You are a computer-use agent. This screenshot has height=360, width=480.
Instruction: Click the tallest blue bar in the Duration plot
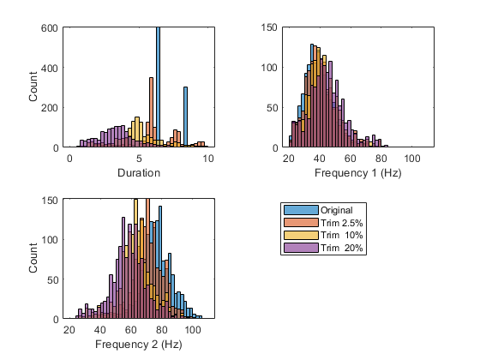[158, 87]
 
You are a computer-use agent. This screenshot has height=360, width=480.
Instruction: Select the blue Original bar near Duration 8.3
[185, 117]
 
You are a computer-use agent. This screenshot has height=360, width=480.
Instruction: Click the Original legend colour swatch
[301, 210]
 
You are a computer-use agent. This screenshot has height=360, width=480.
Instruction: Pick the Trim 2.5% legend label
[342, 223]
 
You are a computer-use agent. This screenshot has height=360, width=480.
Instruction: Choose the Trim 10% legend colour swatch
[301, 235]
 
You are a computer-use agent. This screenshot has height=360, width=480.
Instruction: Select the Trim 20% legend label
[342, 248]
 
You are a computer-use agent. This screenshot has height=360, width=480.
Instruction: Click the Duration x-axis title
[139, 172]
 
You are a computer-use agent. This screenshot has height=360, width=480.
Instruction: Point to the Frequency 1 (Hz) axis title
[358, 173]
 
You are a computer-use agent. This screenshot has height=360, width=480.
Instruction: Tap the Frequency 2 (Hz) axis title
[139, 345]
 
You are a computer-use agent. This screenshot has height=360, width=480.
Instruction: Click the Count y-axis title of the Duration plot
[33, 87]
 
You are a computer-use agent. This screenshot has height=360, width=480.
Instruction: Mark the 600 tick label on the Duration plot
[50, 28]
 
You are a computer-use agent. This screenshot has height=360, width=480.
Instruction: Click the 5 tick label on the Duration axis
[139, 159]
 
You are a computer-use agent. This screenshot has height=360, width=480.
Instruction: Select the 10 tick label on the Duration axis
[208, 159]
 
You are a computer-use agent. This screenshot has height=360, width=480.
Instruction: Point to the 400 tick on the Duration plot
[50, 68]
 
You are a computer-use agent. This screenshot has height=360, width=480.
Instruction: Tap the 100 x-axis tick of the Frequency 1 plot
[412, 159]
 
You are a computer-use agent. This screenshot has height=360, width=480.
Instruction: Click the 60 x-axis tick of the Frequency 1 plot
[351, 159]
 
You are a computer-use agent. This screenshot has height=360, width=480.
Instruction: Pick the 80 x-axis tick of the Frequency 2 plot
[162, 330]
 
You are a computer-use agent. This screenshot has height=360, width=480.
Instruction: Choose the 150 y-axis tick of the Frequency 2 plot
[50, 201]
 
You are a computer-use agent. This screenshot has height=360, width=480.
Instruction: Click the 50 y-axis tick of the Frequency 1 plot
[273, 108]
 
